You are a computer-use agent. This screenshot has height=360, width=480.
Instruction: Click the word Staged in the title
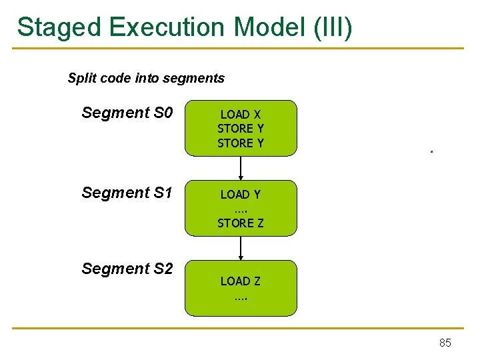coord(58,28)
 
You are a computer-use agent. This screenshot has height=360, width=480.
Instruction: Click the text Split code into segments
coord(146,78)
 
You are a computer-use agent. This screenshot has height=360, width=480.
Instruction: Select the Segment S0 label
coord(127,113)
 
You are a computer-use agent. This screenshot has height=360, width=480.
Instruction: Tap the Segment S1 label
coord(127,193)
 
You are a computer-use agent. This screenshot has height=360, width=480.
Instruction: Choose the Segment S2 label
coord(127,269)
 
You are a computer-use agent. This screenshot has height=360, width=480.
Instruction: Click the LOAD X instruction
coord(241,115)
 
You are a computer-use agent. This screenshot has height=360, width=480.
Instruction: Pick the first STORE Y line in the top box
coord(241,129)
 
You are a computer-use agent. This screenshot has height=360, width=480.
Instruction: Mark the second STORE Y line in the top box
coord(241,143)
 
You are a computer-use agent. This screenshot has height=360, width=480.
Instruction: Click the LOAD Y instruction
coord(241,195)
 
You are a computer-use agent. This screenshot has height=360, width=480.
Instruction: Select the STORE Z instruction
coord(241,223)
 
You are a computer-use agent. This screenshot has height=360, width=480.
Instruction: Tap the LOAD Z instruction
coord(241,281)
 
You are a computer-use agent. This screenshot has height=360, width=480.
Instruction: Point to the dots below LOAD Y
coord(241,210)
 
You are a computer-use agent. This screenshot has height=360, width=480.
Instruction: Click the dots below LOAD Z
coord(241,297)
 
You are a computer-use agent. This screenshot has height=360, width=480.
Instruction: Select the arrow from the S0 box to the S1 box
coord(241,168)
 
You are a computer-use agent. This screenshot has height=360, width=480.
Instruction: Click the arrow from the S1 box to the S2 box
coord(241,248)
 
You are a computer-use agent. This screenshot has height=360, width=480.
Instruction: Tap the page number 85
coord(445,343)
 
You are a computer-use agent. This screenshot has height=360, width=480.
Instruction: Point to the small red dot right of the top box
coord(431,152)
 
